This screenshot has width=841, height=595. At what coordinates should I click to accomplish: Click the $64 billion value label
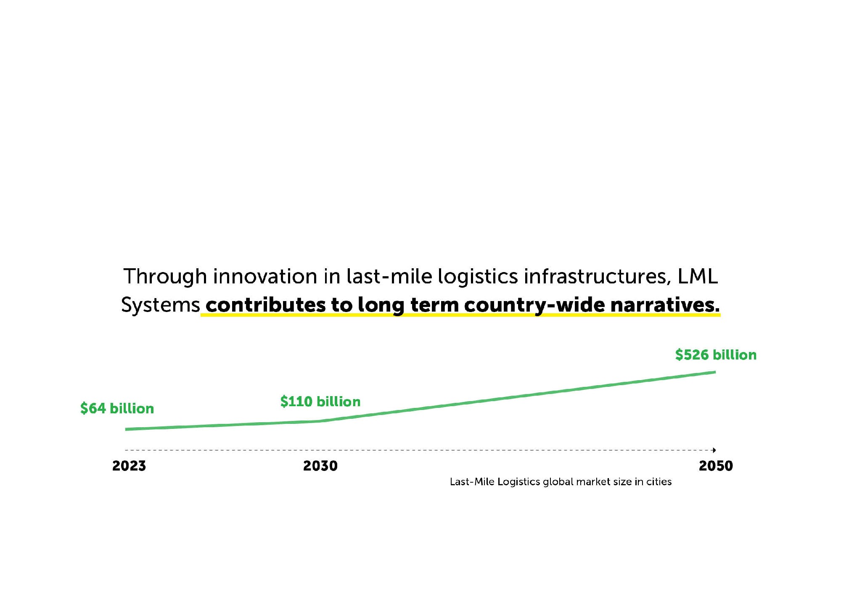tap(117, 408)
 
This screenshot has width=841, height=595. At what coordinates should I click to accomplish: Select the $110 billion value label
tap(320, 402)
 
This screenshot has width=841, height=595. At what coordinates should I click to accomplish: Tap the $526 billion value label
tap(716, 355)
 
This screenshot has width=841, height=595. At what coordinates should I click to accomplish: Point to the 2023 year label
tap(129, 466)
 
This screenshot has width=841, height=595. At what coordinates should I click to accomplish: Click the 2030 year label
tap(320, 466)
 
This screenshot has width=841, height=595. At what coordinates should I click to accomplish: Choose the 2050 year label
tap(716, 466)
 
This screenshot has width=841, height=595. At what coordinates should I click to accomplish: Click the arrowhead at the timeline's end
tap(714, 450)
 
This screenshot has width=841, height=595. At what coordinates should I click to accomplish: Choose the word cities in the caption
tap(659, 482)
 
